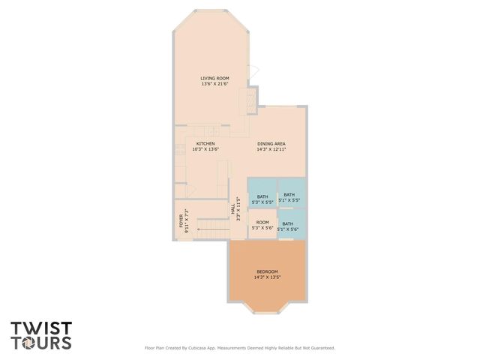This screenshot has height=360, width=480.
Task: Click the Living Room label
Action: [214, 78]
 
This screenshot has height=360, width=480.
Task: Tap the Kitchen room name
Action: [205, 143]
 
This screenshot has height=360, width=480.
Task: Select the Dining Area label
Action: [271, 143]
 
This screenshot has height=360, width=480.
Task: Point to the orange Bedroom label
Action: [267, 271]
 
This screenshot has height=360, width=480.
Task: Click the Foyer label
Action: [181, 220]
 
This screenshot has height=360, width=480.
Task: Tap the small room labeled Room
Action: [262, 222]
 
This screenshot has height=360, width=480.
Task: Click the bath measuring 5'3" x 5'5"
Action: [262, 196]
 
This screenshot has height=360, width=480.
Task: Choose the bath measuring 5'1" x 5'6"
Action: [288, 223]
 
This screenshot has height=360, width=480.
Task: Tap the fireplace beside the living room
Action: [244, 100]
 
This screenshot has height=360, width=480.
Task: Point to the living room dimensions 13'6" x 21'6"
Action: [214, 84]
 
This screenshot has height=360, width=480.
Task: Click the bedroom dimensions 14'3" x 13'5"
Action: [267, 277]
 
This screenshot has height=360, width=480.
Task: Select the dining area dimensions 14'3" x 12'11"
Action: [271, 149]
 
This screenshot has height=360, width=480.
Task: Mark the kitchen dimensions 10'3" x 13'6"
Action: [205, 149]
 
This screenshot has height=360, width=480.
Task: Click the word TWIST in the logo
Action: [41, 328]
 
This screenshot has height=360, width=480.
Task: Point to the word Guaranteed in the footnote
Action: [320, 348]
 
